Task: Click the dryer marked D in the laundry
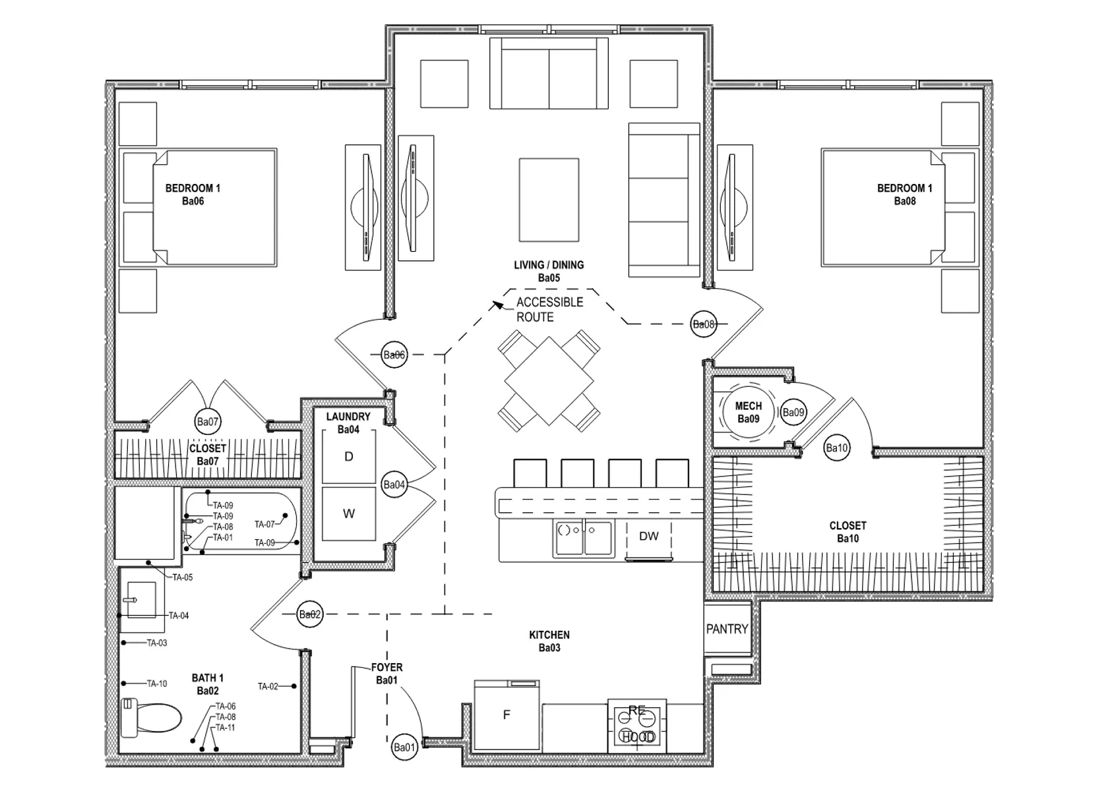tap(348, 457)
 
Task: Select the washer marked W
tap(348, 513)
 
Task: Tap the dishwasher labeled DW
tap(648, 537)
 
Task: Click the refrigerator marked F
tap(507, 715)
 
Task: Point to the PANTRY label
tap(727, 629)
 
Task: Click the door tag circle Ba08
tap(703, 324)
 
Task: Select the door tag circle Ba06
tap(394, 355)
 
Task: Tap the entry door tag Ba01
tap(404, 747)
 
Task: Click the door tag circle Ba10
tap(836, 448)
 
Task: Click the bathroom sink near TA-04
tap(141, 600)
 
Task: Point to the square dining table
tap(549, 381)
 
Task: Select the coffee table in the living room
tap(549, 200)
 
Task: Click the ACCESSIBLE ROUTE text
tap(549, 309)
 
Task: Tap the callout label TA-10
tap(157, 684)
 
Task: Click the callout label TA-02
tap(268, 686)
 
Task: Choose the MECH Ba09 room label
tap(748, 413)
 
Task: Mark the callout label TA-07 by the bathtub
tap(264, 525)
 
